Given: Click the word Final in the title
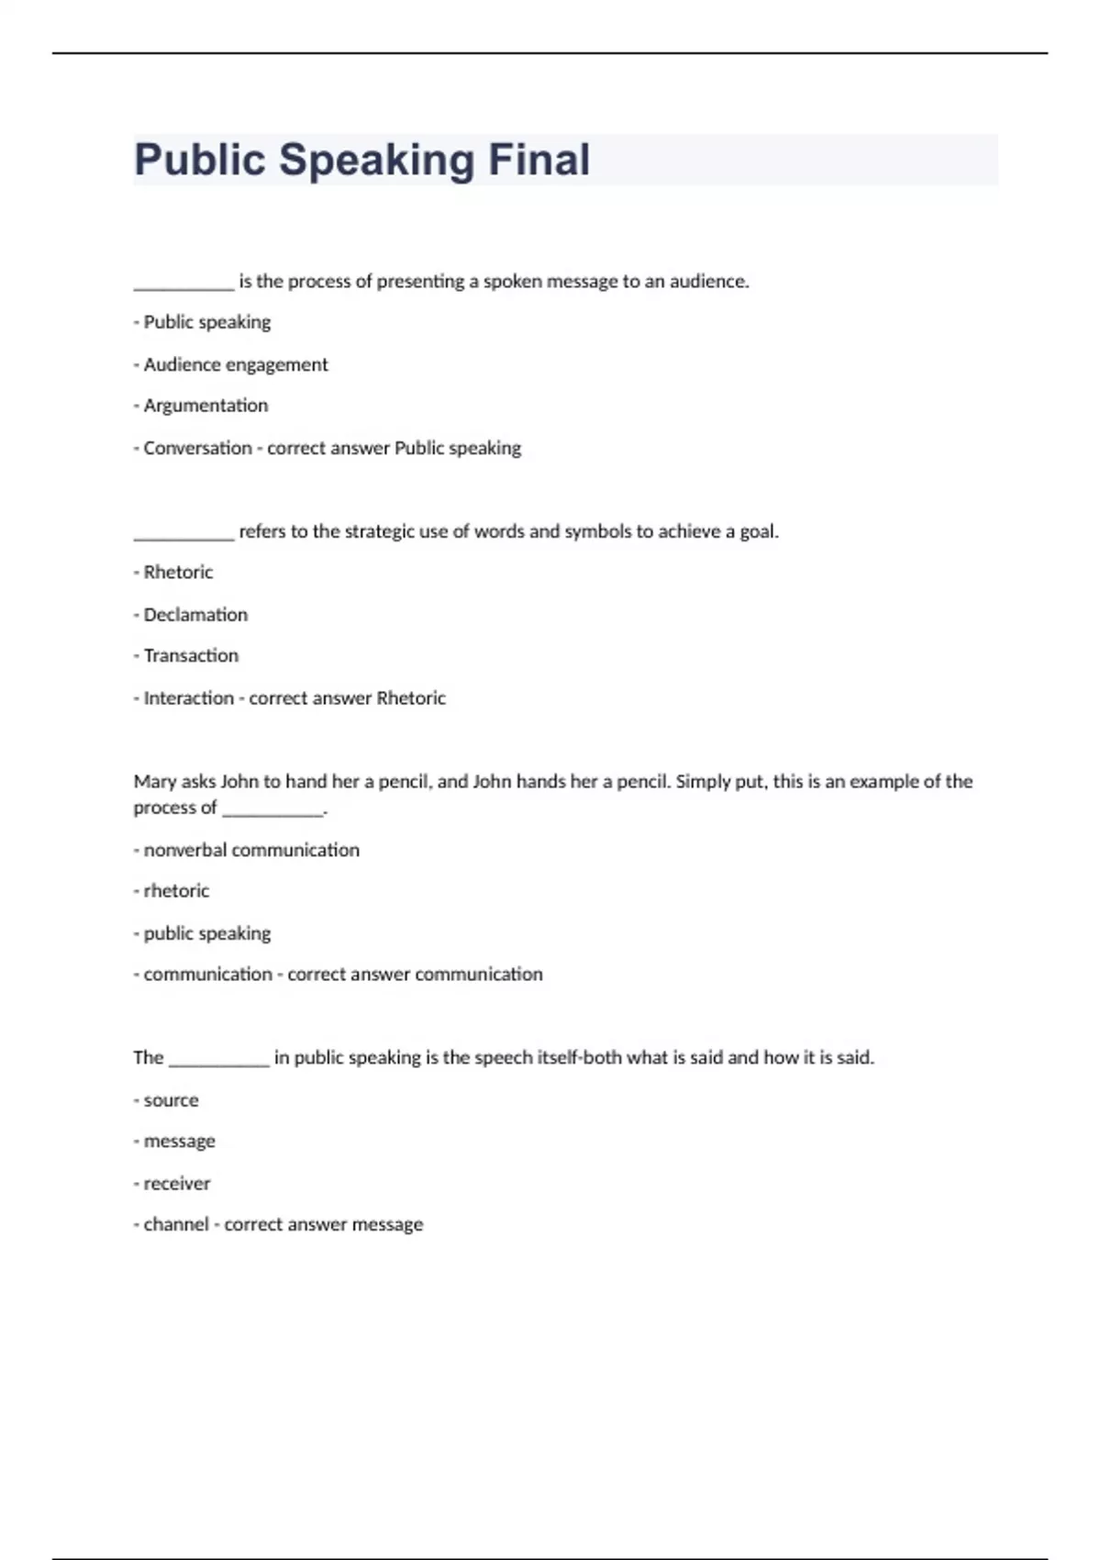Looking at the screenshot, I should click(x=539, y=160).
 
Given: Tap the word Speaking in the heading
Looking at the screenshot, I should click(x=376, y=160).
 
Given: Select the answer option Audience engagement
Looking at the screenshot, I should click(x=235, y=364).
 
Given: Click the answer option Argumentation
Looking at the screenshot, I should click(x=206, y=406).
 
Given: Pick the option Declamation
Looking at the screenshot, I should click(x=195, y=615).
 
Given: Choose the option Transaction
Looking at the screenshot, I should click(x=191, y=656).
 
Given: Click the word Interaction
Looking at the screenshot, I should click(x=188, y=698).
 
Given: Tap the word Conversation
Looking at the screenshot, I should click(x=197, y=449).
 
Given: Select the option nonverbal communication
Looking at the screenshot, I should click(x=251, y=851).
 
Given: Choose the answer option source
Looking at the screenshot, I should click(x=171, y=1100).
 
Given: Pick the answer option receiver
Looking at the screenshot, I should click(x=176, y=1184).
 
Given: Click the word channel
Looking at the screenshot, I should click(x=176, y=1225).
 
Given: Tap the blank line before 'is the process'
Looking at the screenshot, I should click(x=183, y=284).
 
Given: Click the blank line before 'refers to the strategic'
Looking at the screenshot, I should click(x=183, y=534).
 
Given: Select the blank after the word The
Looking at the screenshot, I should click(x=219, y=1061).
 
